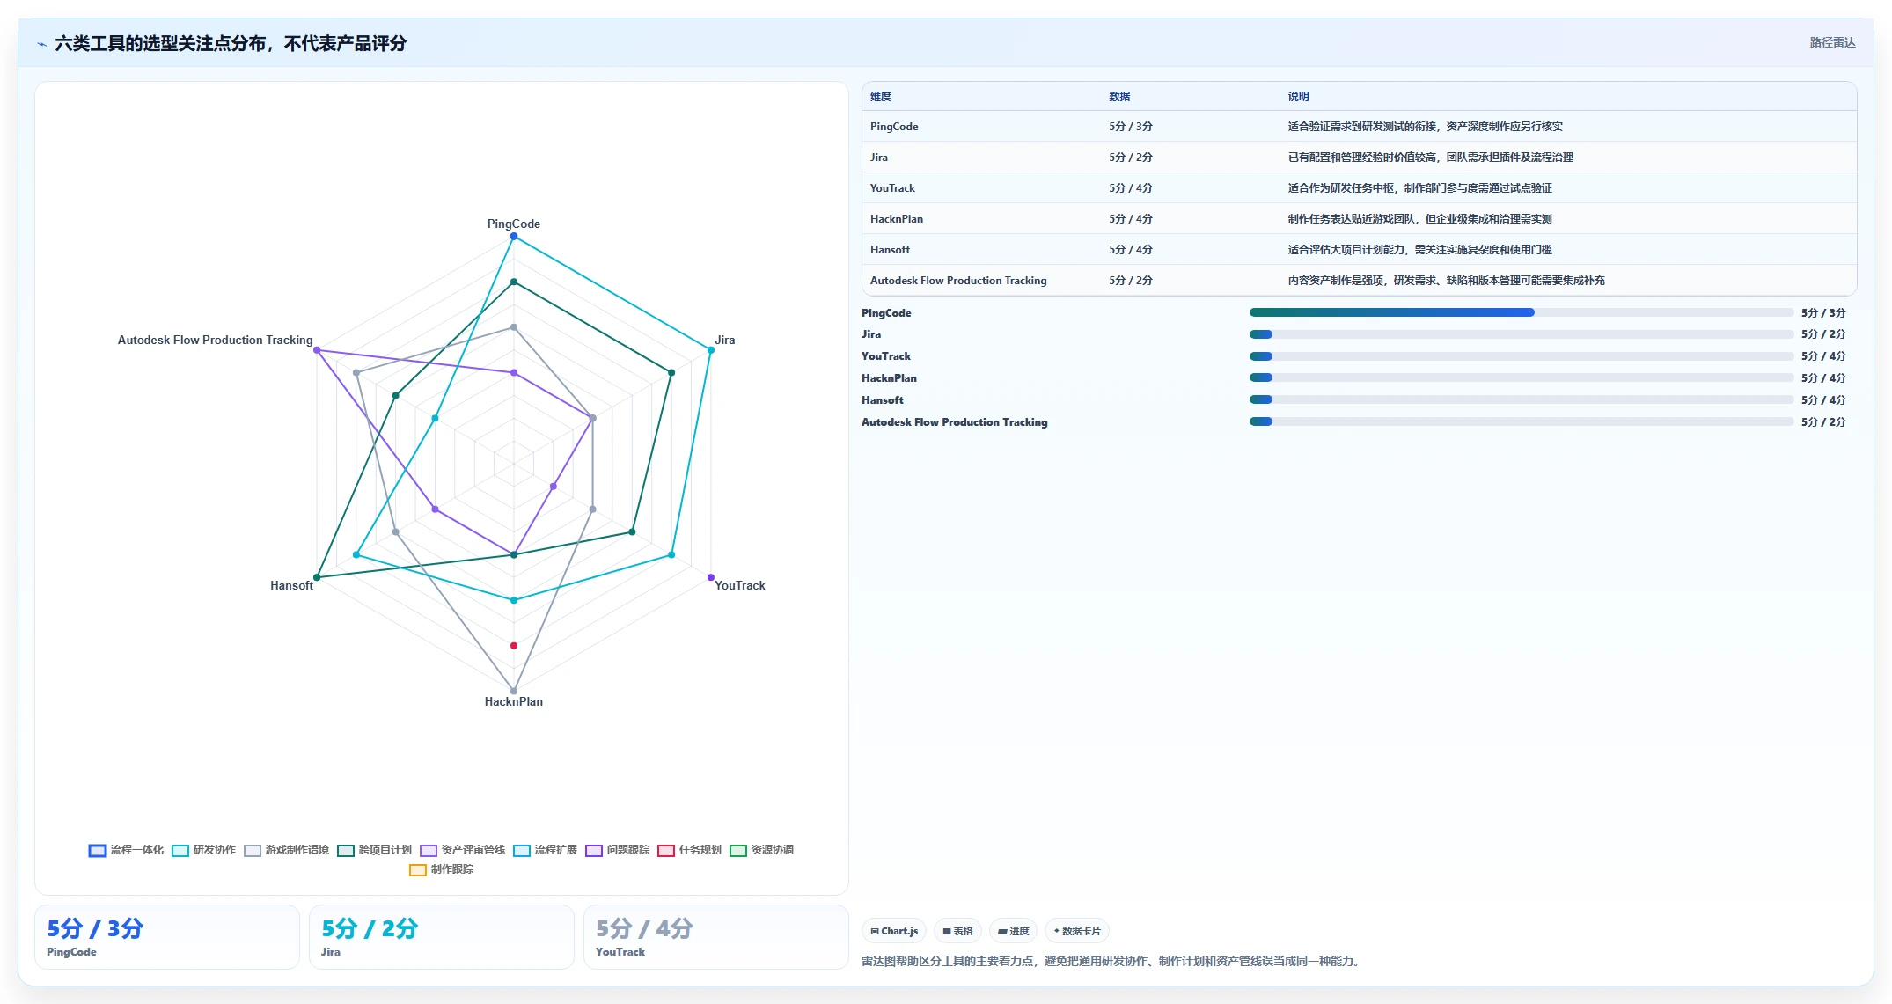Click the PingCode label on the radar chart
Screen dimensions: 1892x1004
[514, 224]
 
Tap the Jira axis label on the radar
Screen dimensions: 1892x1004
[724, 340]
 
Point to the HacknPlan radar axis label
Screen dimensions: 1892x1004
[514, 701]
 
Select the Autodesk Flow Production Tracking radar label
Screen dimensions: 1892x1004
[215, 340]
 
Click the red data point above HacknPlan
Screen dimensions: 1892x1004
[514, 646]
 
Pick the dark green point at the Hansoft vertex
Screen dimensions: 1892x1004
[317, 577]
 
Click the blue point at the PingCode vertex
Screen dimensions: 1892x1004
[514, 237]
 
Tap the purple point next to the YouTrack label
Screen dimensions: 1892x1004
[711, 577]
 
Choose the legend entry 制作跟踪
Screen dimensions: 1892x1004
[442, 869]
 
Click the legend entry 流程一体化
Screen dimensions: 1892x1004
[126, 850]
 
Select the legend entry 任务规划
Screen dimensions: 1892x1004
[690, 850]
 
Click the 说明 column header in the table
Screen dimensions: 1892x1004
[1298, 97]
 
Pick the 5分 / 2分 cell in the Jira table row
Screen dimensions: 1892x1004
[1131, 158]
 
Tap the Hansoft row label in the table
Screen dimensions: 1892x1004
[890, 250]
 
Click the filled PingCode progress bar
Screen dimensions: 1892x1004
[1391, 312]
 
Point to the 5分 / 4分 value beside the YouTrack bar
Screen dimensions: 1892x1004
[1823, 356]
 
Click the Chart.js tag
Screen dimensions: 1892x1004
[894, 931]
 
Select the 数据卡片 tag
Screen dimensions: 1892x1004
[1077, 931]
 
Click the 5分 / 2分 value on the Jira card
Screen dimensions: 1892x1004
[370, 928]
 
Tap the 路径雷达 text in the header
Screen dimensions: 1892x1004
[1832, 42]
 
